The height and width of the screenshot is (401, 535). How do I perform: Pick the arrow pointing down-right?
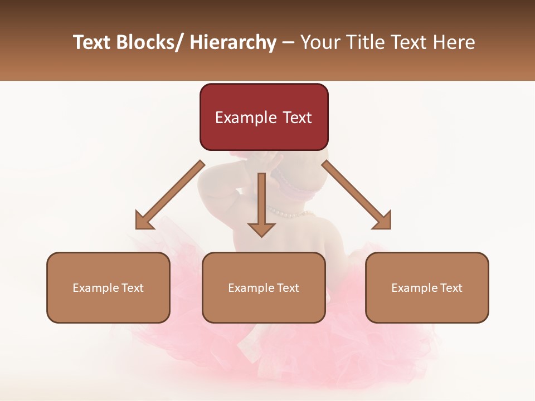pos(357,195)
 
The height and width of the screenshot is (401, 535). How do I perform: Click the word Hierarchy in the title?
pos(233,42)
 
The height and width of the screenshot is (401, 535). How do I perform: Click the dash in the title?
pos(288,42)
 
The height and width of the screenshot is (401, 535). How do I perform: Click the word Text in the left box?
pos(132,288)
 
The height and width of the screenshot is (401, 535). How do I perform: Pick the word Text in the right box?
pos(451,288)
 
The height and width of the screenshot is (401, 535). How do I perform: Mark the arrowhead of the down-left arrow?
pos(144,221)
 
